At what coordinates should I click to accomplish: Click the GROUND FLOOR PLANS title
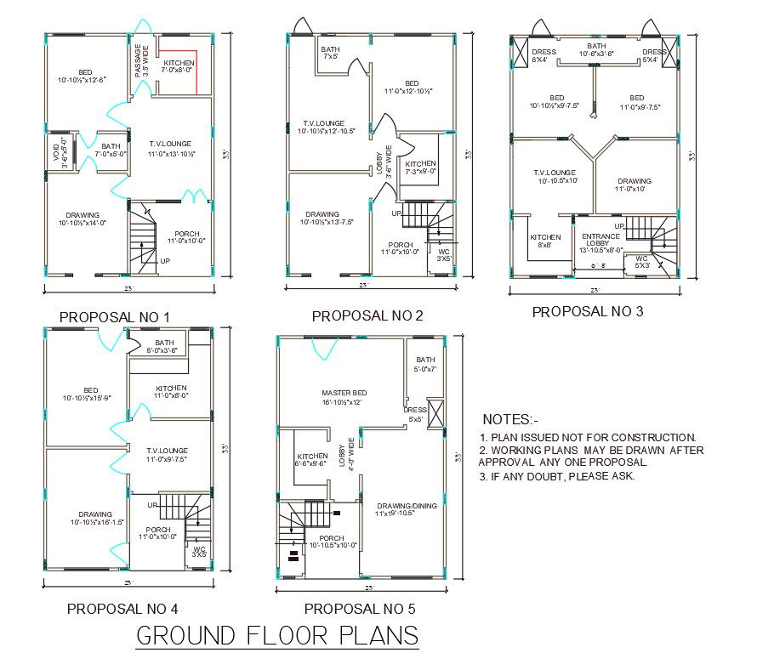coord(277,635)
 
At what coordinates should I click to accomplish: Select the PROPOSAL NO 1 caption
coord(115,317)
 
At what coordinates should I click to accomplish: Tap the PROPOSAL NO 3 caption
coord(587,311)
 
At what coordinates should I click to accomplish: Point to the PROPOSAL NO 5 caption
coord(360,608)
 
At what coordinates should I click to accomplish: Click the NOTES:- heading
coord(510,419)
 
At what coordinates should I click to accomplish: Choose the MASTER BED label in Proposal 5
coord(341,397)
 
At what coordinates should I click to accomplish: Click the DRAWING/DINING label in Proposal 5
coord(406,509)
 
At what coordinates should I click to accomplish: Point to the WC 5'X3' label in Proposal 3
coord(641,261)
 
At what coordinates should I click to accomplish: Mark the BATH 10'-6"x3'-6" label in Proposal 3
coord(596,49)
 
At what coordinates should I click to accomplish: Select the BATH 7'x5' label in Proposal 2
coord(330,53)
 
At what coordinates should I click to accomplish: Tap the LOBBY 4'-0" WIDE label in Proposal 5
coord(347,456)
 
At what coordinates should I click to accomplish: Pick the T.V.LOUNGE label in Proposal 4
coord(166,454)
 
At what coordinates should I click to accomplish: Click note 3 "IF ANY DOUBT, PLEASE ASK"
coord(557,476)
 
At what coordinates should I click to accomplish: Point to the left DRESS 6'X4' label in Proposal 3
coord(543,56)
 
